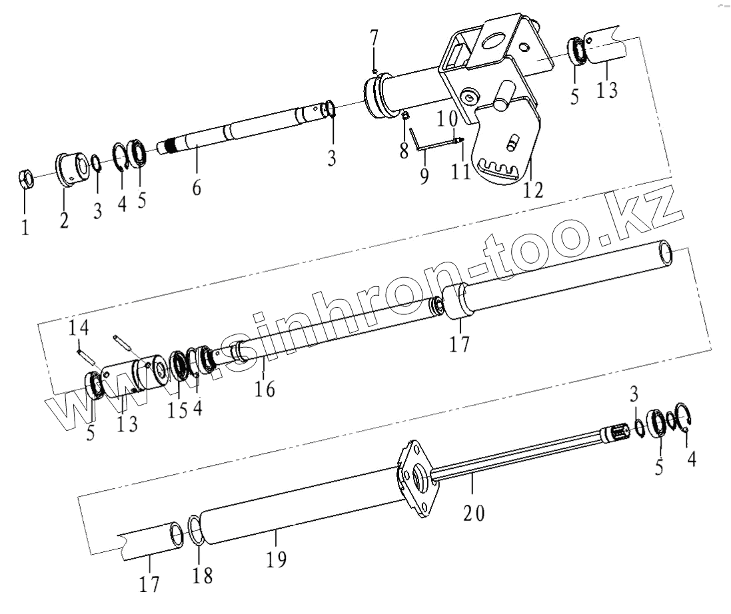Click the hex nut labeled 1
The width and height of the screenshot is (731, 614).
click(x=24, y=179)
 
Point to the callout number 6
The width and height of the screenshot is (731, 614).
click(x=196, y=188)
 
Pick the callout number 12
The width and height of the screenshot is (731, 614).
click(x=533, y=190)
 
